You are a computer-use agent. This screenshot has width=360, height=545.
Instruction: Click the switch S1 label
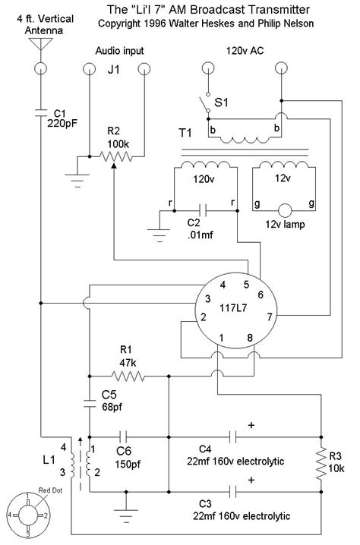tap(222, 99)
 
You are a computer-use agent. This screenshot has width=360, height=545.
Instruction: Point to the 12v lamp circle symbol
tap(285, 211)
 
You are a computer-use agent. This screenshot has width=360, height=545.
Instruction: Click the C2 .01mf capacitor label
tap(200, 228)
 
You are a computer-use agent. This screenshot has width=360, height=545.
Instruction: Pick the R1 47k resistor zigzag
tap(129, 375)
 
